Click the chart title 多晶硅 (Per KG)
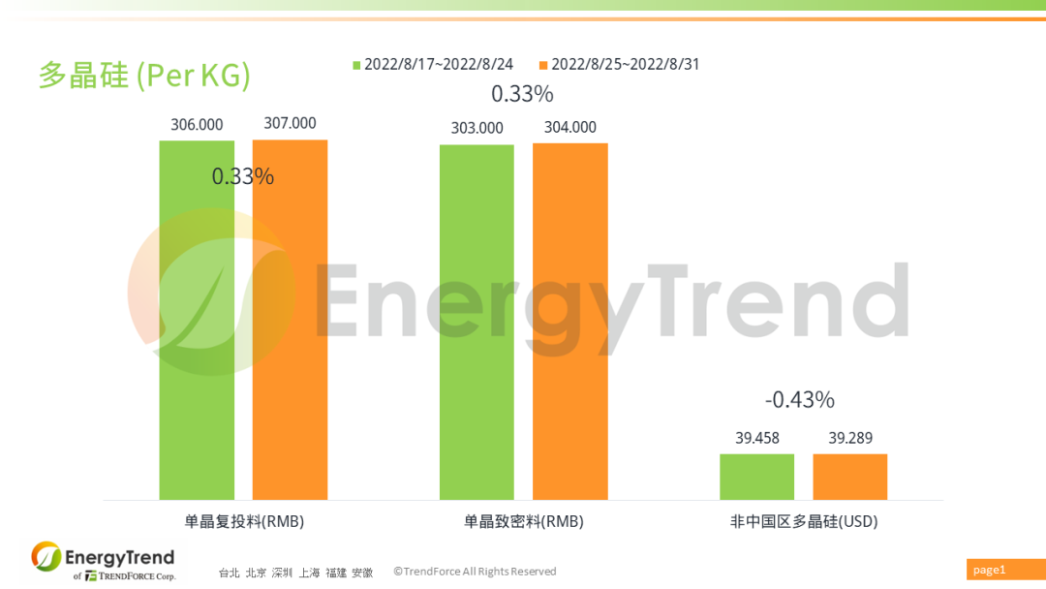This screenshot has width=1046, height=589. [x=144, y=76]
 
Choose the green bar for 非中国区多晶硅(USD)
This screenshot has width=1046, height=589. [x=756, y=477]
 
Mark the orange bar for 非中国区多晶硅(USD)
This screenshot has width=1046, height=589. [x=849, y=477]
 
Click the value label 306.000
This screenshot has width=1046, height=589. [x=197, y=124]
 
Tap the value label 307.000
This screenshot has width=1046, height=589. [x=290, y=123]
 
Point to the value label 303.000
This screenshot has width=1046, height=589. [x=477, y=128]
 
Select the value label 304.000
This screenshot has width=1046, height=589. [x=569, y=127]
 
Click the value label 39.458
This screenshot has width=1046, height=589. [x=756, y=438]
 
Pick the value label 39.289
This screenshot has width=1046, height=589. [x=849, y=438]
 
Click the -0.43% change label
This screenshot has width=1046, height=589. [x=799, y=399]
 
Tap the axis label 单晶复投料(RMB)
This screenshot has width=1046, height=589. [x=244, y=521]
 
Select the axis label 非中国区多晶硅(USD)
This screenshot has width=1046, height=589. [x=803, y=521]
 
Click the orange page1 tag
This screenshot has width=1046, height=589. [x=1003, y=570]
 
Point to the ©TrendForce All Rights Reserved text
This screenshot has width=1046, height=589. [x=475, y=572]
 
